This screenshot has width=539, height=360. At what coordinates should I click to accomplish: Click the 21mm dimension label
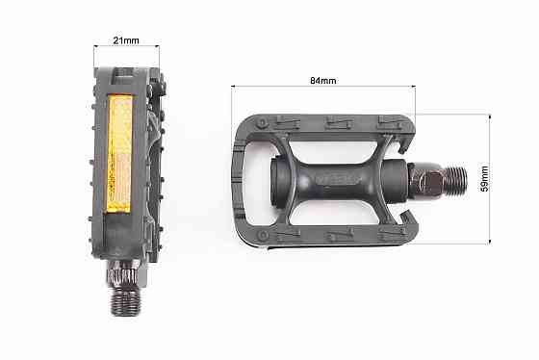click(126, 40)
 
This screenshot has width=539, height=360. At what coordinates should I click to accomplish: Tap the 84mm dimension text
click(323, 81)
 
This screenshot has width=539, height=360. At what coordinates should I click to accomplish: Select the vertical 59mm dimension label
click(484, 179)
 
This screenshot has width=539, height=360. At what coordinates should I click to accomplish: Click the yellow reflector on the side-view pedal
click(119, 154)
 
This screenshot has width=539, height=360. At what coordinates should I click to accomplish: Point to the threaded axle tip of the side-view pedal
click(126, 301)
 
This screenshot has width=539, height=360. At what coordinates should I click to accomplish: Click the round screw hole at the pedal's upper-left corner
click(262, 123)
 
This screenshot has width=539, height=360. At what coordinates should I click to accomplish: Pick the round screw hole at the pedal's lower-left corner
click(264, 236)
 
